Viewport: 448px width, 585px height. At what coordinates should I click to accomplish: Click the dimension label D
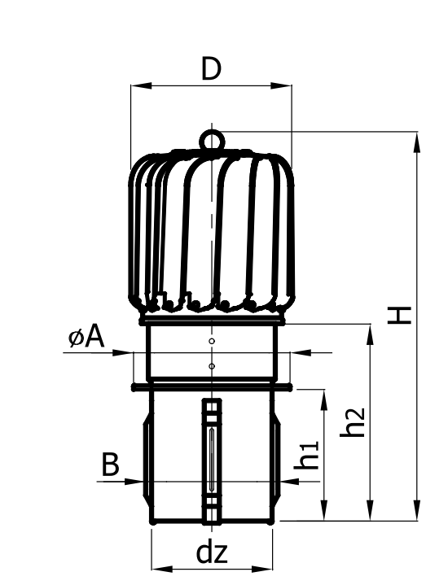point(211,68)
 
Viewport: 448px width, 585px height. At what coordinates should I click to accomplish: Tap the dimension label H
point(399,316)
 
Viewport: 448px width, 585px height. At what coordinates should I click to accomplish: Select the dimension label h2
point(353,422)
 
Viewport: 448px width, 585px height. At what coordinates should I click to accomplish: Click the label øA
point(86,338)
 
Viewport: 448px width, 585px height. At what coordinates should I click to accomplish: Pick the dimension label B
point(110,465)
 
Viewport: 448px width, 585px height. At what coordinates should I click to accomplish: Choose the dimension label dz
point(212,553)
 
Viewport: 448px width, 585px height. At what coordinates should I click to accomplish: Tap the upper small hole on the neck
point(212,341)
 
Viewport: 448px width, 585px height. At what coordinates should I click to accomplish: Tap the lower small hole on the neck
point(212,366)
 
